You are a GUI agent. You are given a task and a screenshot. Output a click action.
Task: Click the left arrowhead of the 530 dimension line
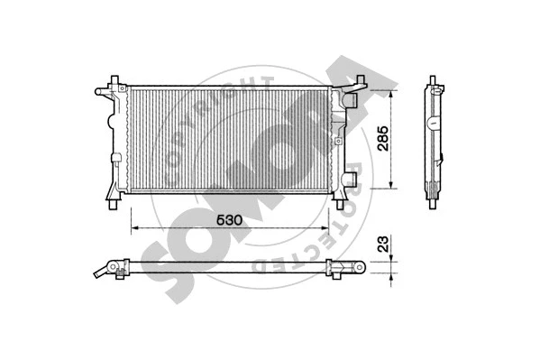tap(134, 226)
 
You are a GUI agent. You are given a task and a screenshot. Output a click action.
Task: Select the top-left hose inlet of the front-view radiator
tap(101, 91)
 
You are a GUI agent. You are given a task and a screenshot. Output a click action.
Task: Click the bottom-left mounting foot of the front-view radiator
tap(111, 198)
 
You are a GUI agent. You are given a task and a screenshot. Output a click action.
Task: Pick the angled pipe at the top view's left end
tap(109, 270)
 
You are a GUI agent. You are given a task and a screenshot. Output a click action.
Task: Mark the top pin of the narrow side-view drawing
tap(432, 88)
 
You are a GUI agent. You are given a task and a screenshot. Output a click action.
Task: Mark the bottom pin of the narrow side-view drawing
tap(433, 201)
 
